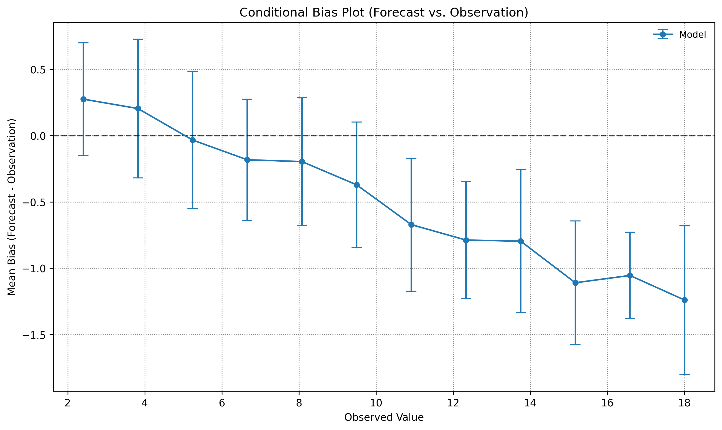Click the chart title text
pos(384,13)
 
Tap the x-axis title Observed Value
pos(384,417)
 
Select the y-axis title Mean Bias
pos(12,207)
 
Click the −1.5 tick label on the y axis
pos(34,335)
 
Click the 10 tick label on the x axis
pos(376,403)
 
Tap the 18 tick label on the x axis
pos(684,403)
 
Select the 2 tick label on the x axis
pos(68,403)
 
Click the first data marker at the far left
pos(83,99)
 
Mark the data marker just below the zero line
pos(193,140)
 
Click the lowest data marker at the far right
pos(684,300)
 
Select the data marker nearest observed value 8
pos(302,162)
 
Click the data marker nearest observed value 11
pos(411,225)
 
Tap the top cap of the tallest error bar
pos(138,39)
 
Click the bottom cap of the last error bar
pos(684,374)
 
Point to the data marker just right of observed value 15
pos(575,283)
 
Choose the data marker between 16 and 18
pos(630,276)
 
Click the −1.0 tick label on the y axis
pos(34,269)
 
